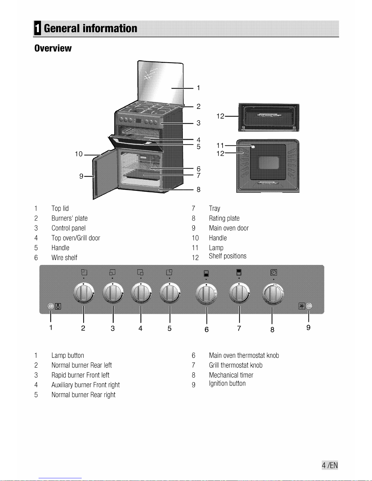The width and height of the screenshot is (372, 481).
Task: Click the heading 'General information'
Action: (x=90, y=28)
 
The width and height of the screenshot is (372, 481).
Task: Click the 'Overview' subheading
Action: (x=53, y=48)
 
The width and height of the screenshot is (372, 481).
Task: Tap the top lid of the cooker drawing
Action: (x=160, y=83)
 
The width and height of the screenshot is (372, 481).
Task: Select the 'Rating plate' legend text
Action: (x=224, y=218)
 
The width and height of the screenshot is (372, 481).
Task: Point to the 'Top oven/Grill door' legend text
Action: (x=76, y=238)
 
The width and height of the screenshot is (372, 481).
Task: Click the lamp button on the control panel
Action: (x=51, y=306)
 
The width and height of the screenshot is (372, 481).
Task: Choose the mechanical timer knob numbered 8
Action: (x=273, y=293)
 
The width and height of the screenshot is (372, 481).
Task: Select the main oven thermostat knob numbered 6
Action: (x=206, y=293)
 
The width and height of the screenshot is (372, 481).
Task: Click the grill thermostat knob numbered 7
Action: (x=239, y=293)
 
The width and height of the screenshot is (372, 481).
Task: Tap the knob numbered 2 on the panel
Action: (x=84, y=293)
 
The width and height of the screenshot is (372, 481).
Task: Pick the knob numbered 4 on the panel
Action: (x=141, y=293)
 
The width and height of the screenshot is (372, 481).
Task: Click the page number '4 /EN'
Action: (x=330, y=465)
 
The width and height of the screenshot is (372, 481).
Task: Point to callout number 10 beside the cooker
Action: (x=79, y=154)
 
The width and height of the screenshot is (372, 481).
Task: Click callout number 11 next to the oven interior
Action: (x=220, y=145)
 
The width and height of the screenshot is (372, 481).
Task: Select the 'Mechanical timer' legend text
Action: (x=231, y=375)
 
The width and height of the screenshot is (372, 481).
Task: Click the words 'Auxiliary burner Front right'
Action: (x=85, y=385)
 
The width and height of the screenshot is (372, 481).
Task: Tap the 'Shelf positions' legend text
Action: (x=227, y=256)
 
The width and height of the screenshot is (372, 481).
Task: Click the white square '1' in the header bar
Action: (x=37, y=28)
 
